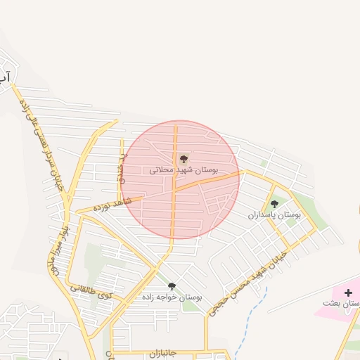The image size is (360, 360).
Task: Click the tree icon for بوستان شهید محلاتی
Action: pyautogui.click(x=184, y=159)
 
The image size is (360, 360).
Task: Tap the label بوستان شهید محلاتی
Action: pyautogui.click(x=184, y=170)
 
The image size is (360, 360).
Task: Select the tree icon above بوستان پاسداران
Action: pyautogui.click(x=274, y=204)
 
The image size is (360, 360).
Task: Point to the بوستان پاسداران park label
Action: pyautogui.click(x=274, y=214)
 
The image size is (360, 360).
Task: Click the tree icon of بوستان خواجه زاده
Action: pyautogui.click(x=172, y=286)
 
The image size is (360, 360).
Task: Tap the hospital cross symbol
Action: pyautogui.click(x=348, y=292)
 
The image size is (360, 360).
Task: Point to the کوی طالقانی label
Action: pyautogui.click(x=91, y=290)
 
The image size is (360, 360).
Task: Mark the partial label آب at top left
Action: pyautogui.click(x=4, y=75)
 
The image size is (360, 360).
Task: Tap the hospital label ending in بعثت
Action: pyautogui.click(x=341, y=303)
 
